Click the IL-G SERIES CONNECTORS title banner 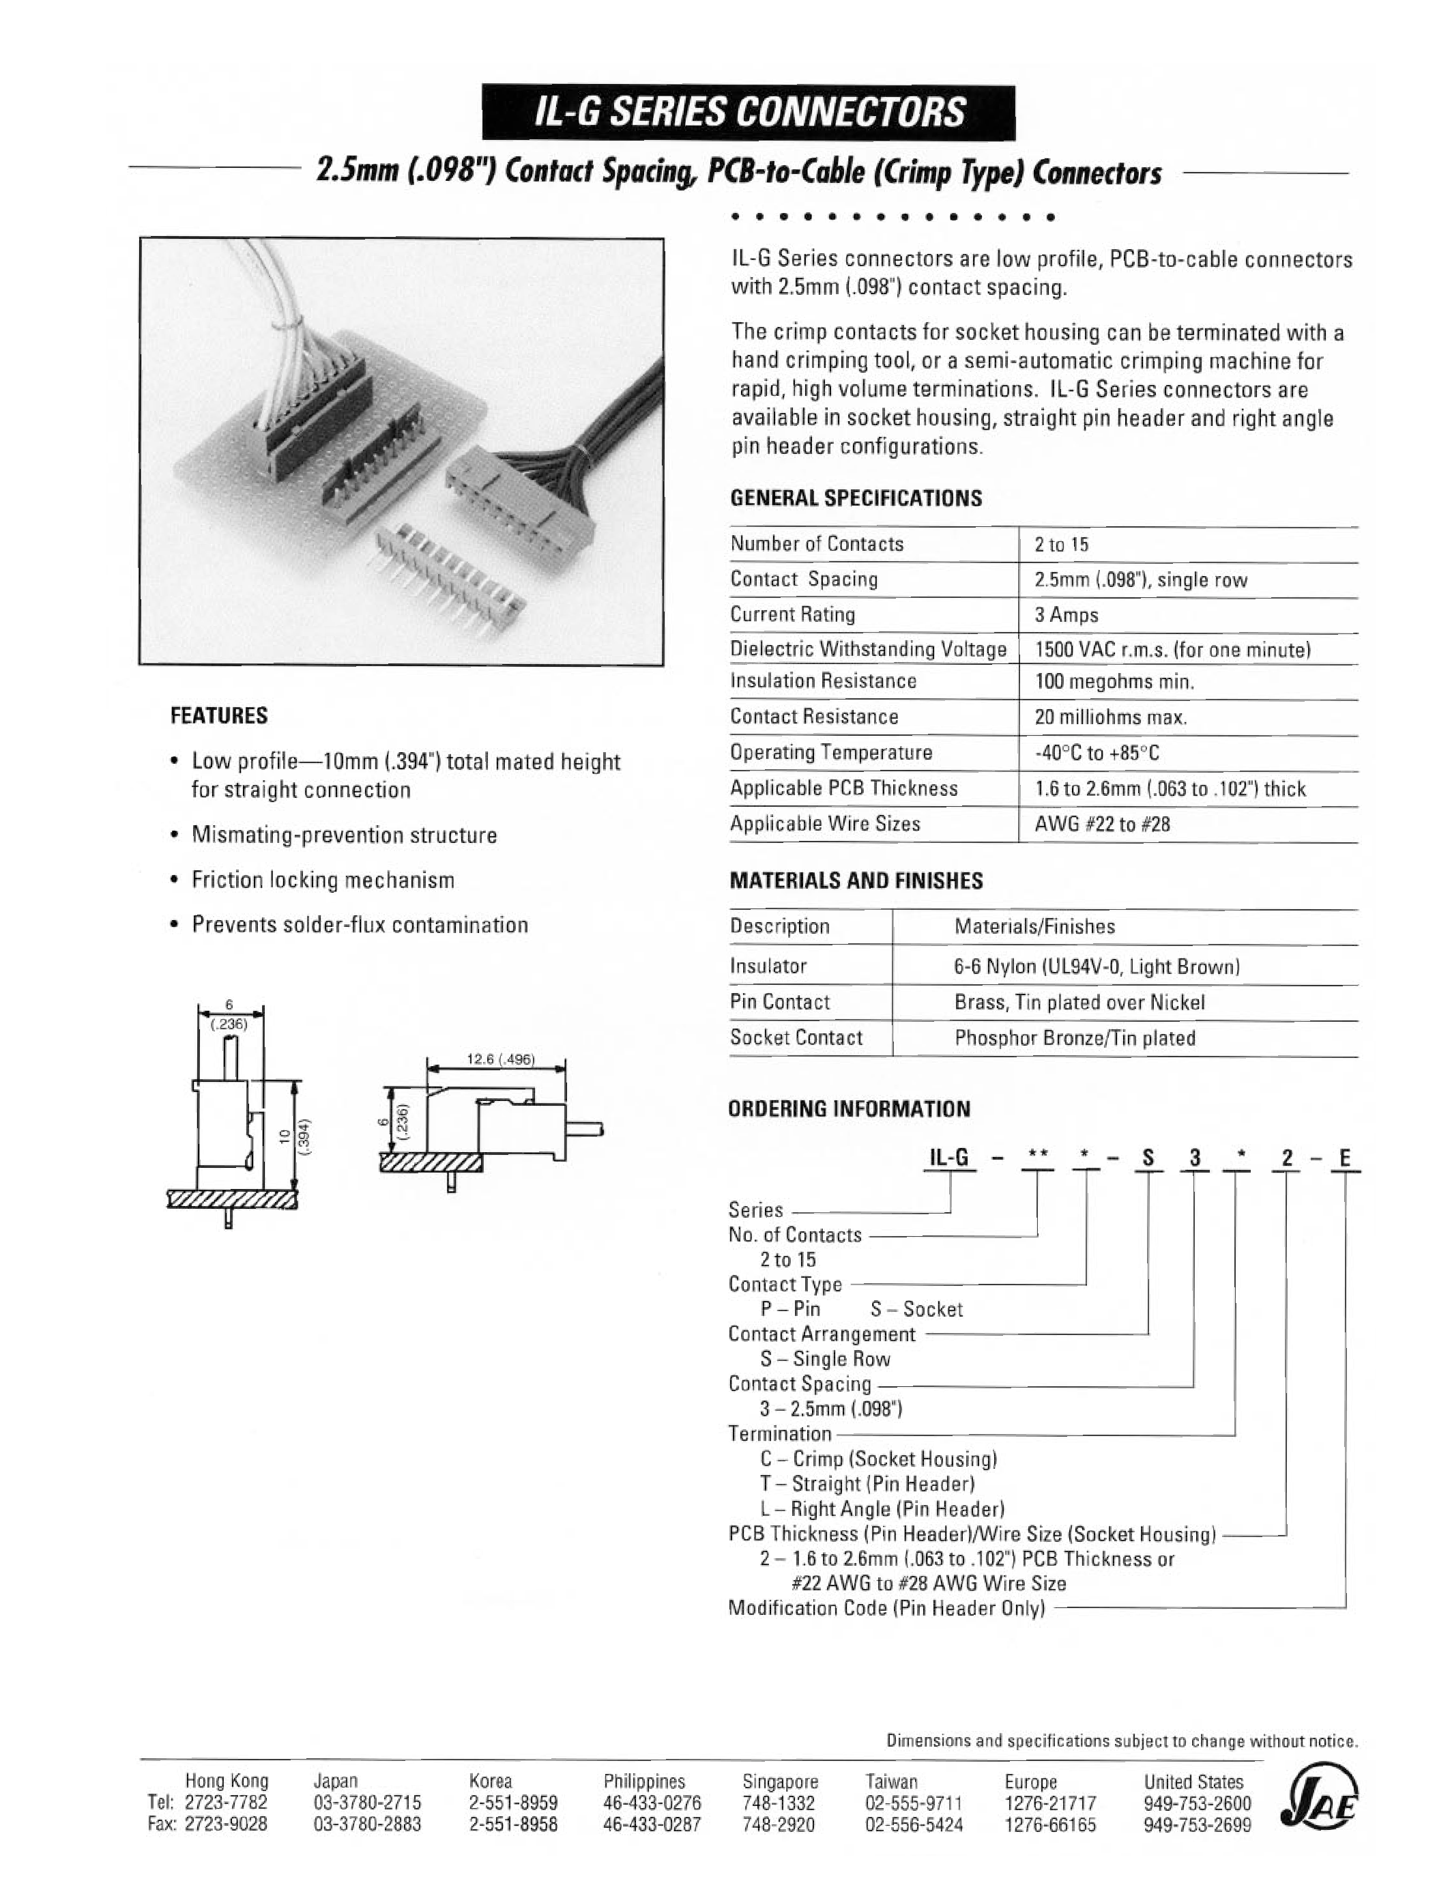coord(748,113)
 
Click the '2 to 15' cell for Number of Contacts coord(1062,545)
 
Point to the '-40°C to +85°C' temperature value coord(1097,754)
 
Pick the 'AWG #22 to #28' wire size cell coord(1102,825)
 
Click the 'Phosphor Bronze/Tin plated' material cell coord(1074,1038)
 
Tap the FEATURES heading coord(219,716)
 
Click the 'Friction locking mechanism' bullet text coord(323,880)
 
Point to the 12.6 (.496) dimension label coord(500,1060)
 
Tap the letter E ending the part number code coord(1344,1158)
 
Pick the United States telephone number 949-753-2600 coord(1197,1804)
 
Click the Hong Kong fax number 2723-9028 coord(226,1824)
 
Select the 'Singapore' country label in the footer coord(780,1781)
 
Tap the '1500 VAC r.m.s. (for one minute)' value coord(1172,650)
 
